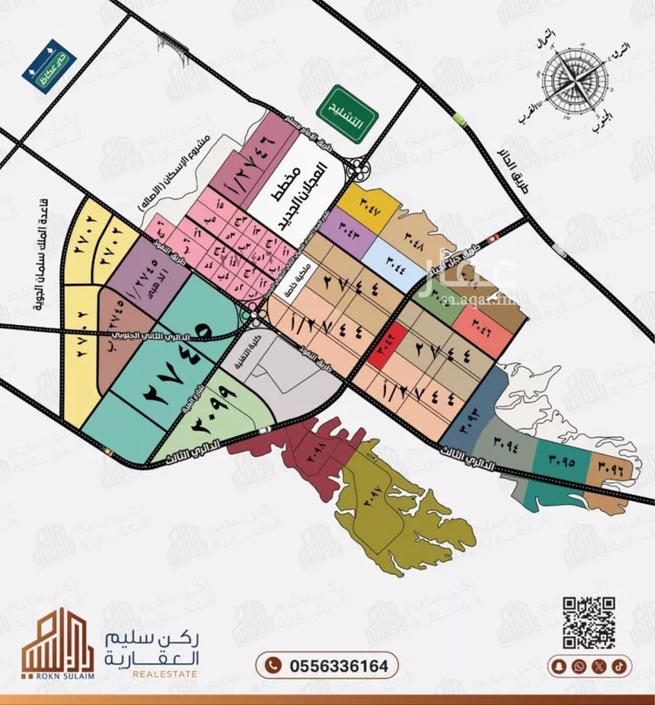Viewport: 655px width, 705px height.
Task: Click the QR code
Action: [588, 620]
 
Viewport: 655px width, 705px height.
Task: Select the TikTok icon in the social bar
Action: [618, 666]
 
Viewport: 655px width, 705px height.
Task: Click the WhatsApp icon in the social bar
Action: [579, 666]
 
